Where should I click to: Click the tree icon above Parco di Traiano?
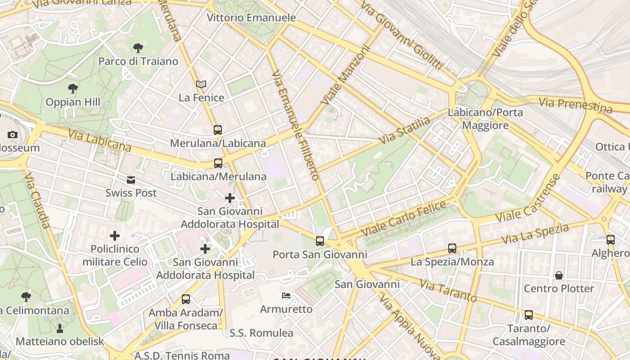138,48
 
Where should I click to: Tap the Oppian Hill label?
73,102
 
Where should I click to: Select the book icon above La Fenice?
201,84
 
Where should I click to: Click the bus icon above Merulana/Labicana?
218,130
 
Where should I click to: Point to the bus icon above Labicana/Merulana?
218,163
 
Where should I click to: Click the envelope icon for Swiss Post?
131,180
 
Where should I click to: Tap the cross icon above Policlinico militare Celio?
115,235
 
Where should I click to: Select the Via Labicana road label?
99,140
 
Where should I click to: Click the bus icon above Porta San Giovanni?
320,241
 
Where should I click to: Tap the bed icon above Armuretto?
286,296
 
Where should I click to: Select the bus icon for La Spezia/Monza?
452,248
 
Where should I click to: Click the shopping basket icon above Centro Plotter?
559,275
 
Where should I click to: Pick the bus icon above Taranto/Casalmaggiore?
529,315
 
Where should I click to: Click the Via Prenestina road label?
576,105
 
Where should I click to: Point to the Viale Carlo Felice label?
403,219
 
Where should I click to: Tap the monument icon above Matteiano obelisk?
59,328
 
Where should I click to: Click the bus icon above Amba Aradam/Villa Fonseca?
186,299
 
